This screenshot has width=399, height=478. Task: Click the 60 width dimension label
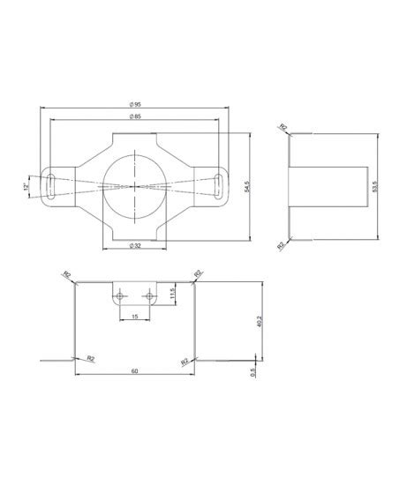pyautogui.click(x=133, y=371)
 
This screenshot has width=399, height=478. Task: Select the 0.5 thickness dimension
pyautogui.click(x=255, y=371)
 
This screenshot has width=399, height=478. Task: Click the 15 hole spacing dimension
pyautogui.click(x=133, y=316)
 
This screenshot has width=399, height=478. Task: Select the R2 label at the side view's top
pyautogui.click(x=282, y=128)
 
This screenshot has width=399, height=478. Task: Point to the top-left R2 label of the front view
pyautogui.click(x=67, y=275)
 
